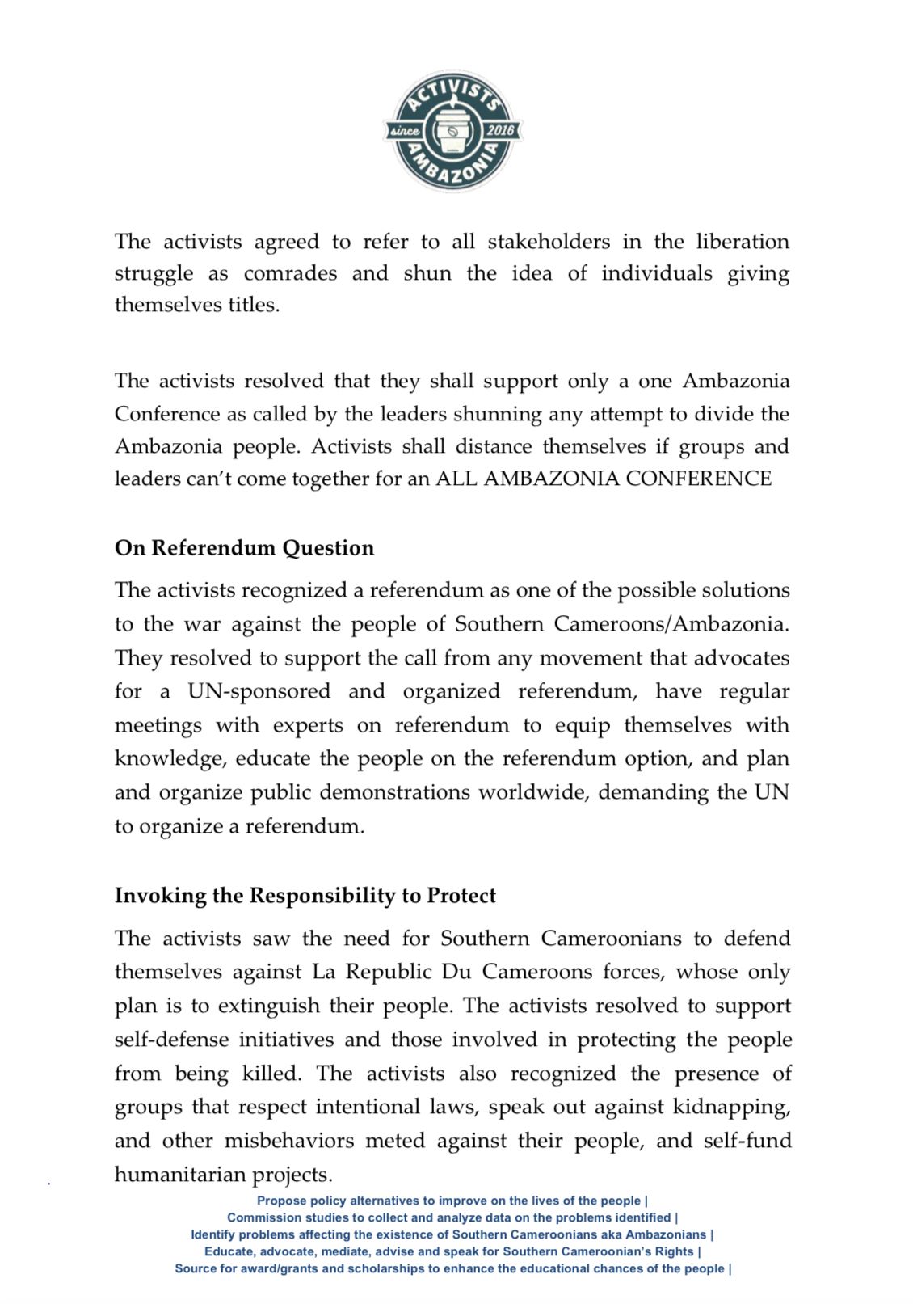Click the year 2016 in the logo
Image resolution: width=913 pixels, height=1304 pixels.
pos(500,130)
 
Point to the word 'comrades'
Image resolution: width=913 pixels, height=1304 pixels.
pos(290,273)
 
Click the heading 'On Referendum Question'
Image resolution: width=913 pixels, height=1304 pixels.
pos(244,548)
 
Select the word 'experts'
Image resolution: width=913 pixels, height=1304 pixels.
pos(308,725)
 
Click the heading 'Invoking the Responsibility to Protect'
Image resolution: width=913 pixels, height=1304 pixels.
pos(305,896)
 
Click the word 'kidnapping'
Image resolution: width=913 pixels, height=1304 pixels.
pos(731,1107)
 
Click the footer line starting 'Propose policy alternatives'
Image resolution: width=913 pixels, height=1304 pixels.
pos(452,1201)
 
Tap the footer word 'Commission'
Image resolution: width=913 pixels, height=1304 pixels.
pos(258,1217)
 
